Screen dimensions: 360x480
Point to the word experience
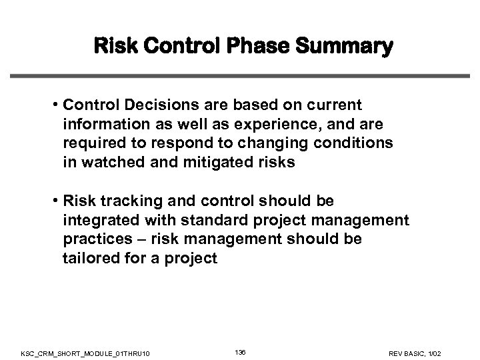pyautogui.click(x=242, y=125)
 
